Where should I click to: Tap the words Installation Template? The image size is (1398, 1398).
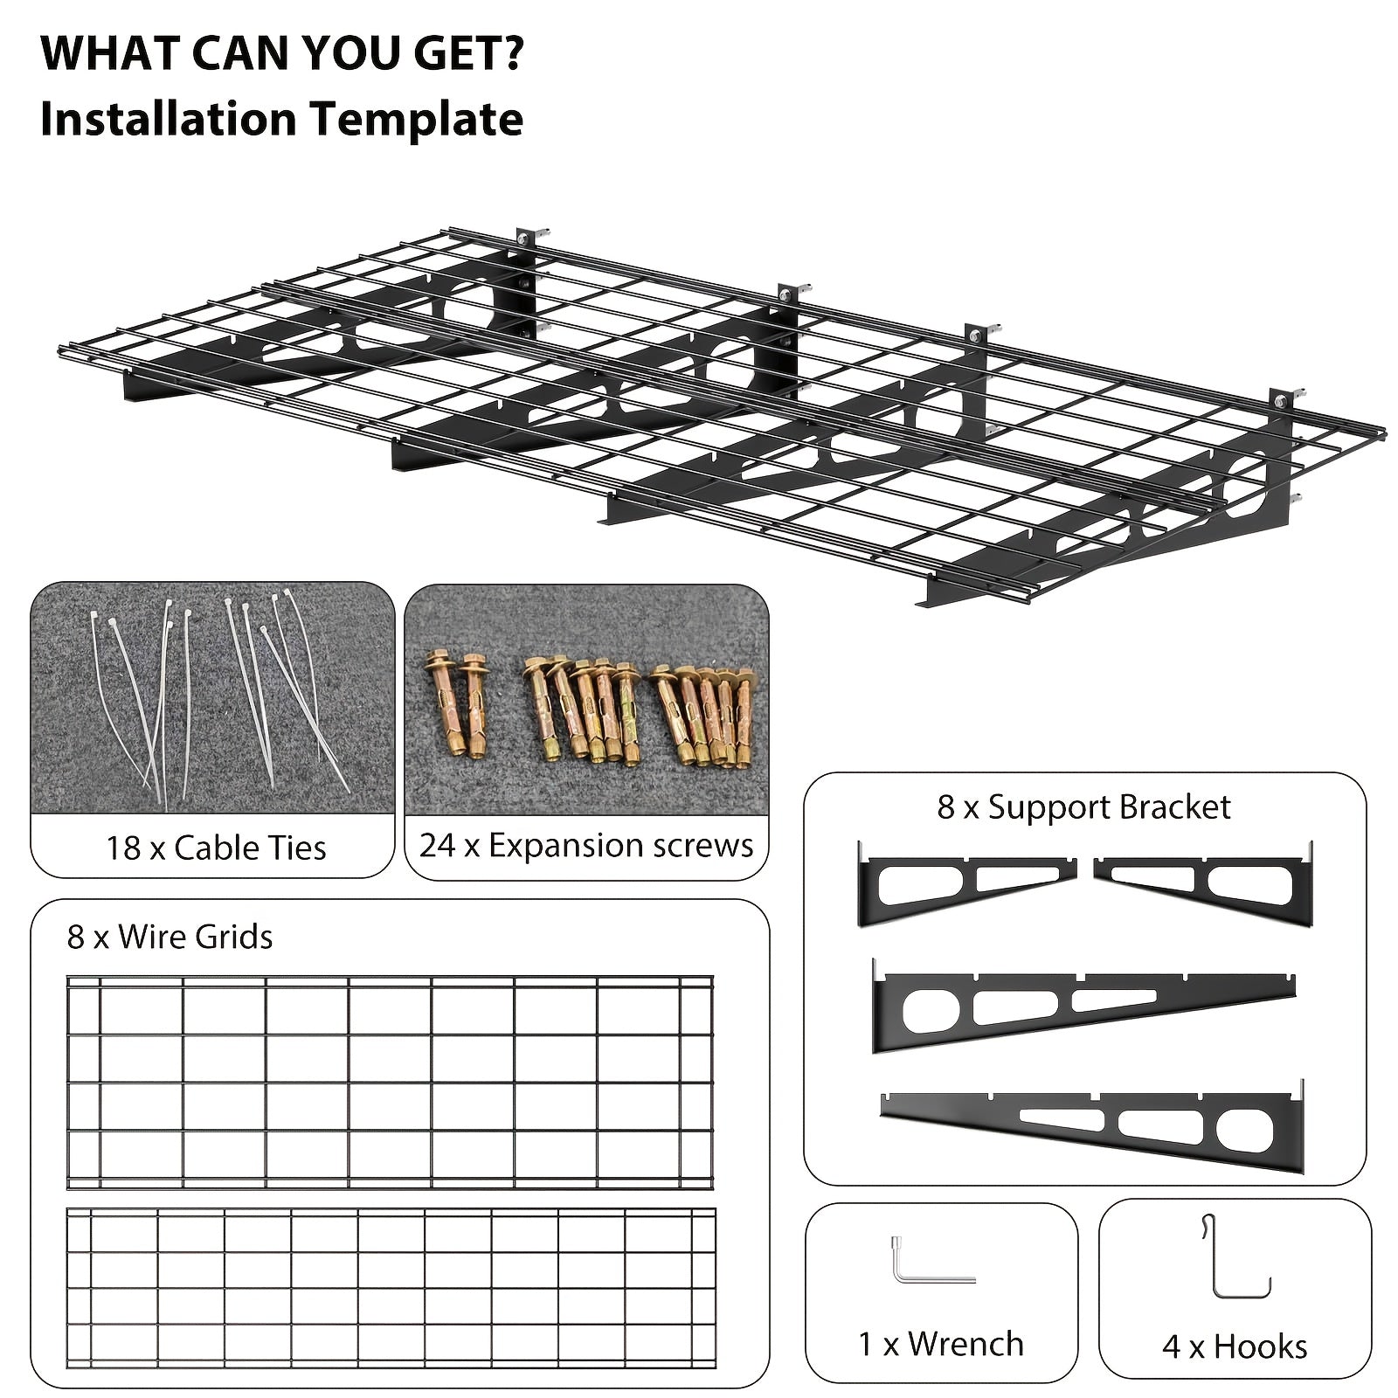[281, 119]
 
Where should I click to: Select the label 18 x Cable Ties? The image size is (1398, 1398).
[216, 848]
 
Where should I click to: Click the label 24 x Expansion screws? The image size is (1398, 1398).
[586, 845]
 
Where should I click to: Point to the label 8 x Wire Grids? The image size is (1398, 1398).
[170, 937]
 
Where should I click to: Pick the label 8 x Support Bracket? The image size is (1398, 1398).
[1083, 806]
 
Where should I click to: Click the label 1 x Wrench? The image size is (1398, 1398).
[941, 1343]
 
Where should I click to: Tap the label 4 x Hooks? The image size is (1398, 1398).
[1235, 1346]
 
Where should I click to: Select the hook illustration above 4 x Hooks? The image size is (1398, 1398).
[1215, 1258]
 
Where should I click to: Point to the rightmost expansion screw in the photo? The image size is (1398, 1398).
[744, 716]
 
